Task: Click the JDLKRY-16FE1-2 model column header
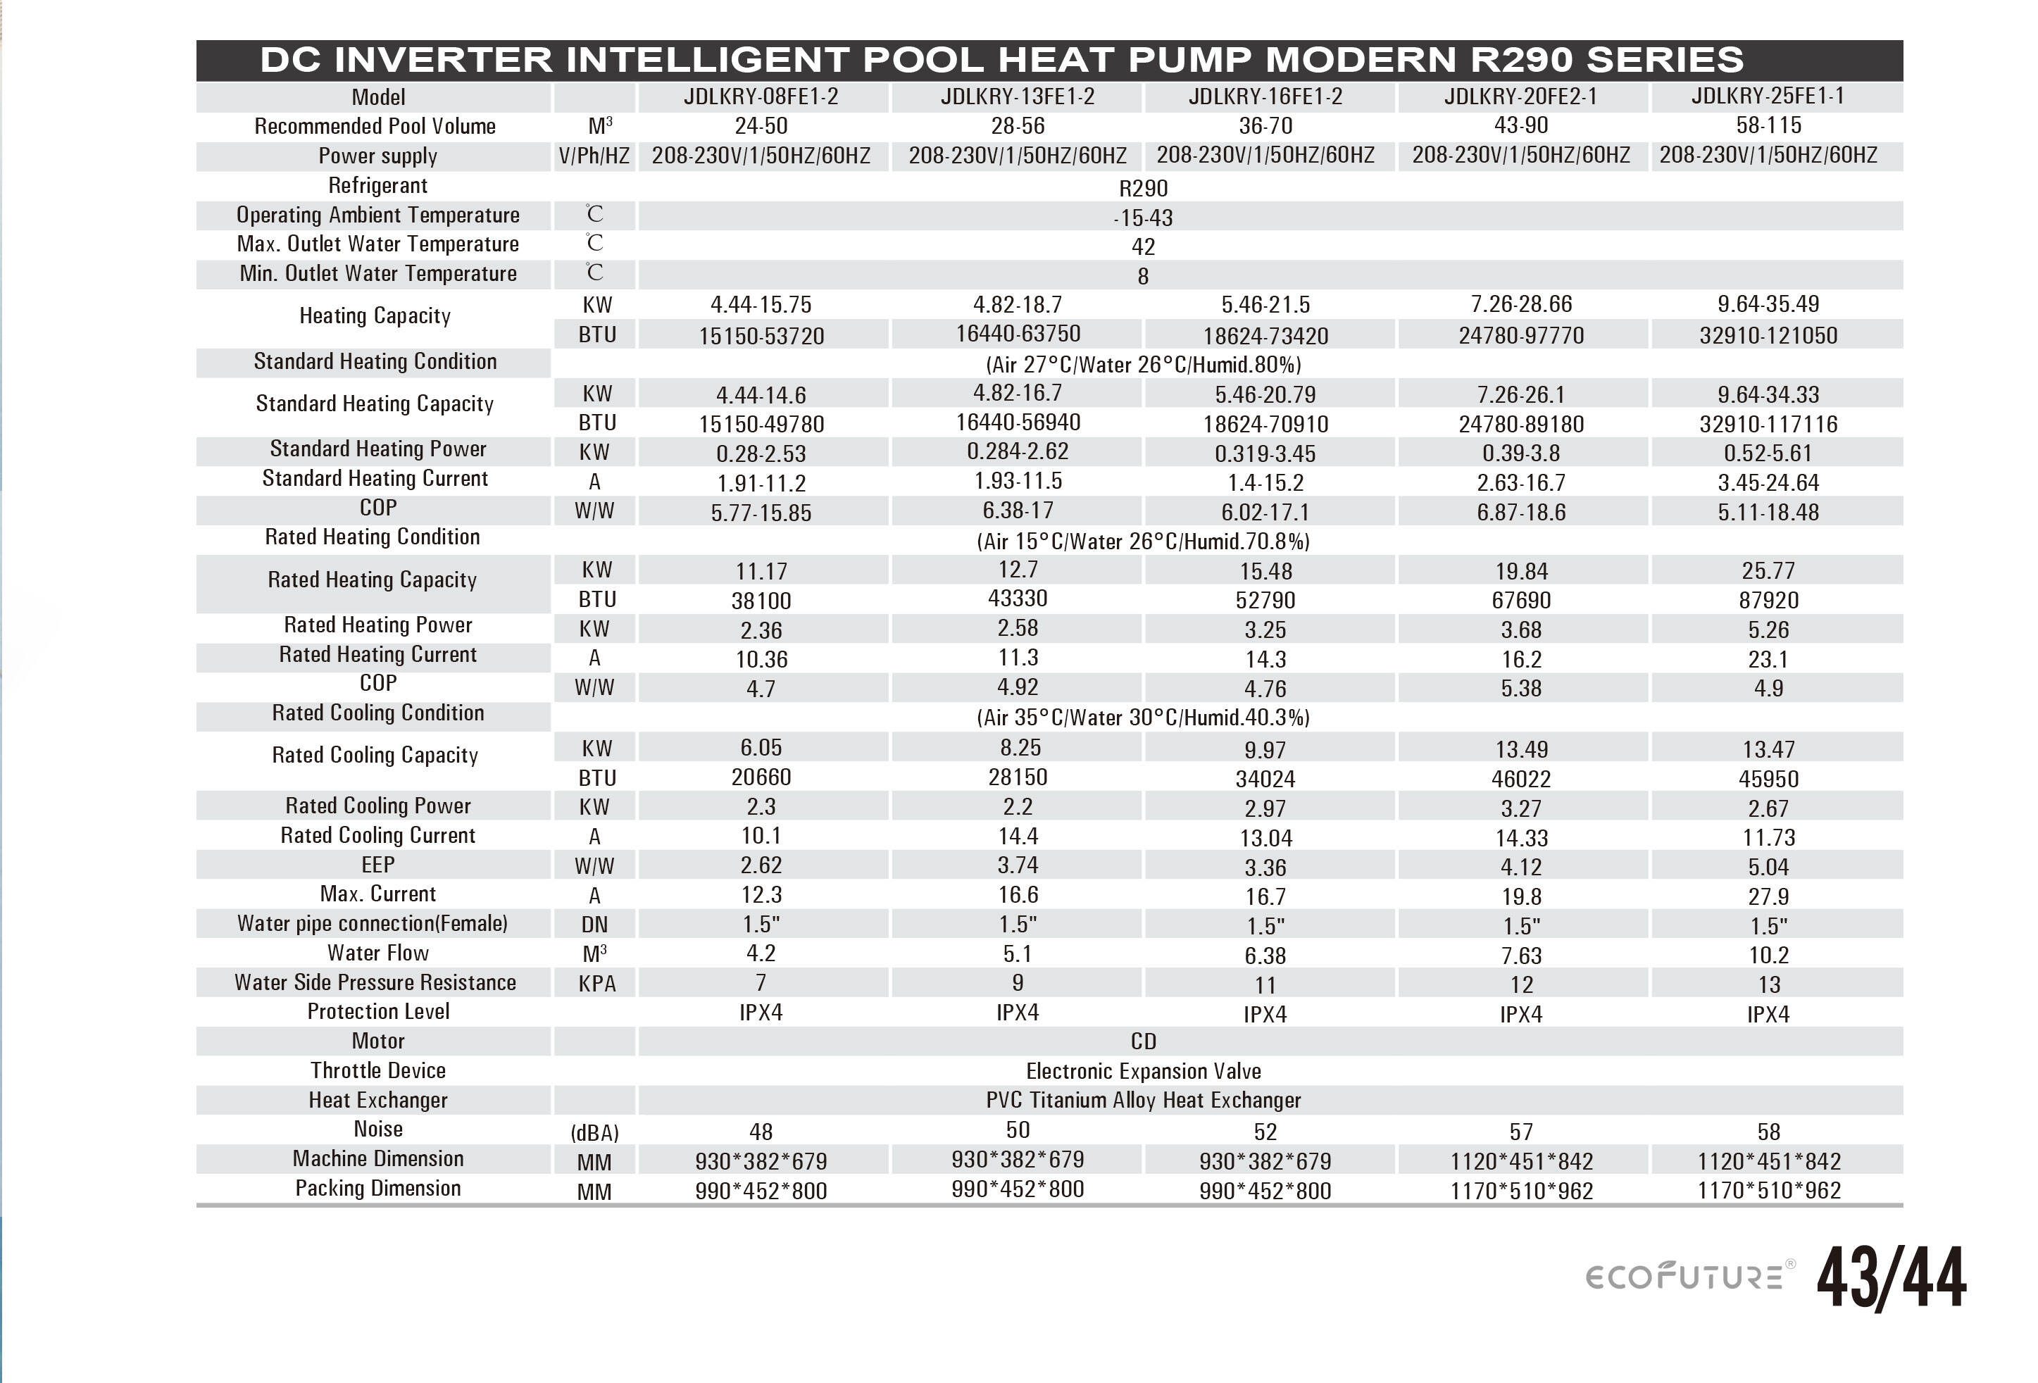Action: coord(1265,96)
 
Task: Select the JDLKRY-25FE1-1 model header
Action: coord(1767,96)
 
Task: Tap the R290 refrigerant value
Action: coord(1143,189)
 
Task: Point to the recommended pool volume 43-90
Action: coord(1520,125)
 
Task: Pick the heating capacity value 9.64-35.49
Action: coord(1767,304)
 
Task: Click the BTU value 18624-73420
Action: coord(1265,336)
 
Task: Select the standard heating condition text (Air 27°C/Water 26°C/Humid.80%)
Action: coord(1143,365)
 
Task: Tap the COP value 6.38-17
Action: coord(1018,511)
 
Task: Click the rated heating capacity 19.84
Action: coord(1520,572)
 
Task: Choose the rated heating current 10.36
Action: coord(761,660)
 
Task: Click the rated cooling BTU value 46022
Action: coord(1520,779)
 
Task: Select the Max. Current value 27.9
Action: coord(1768,896)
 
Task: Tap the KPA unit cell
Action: coord(596,984)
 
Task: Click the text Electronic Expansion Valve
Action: coord(1143,1071)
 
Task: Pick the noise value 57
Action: coord(1520,1132)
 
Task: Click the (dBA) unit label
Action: coord(594,1133)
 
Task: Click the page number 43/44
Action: coord(1891,1277)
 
